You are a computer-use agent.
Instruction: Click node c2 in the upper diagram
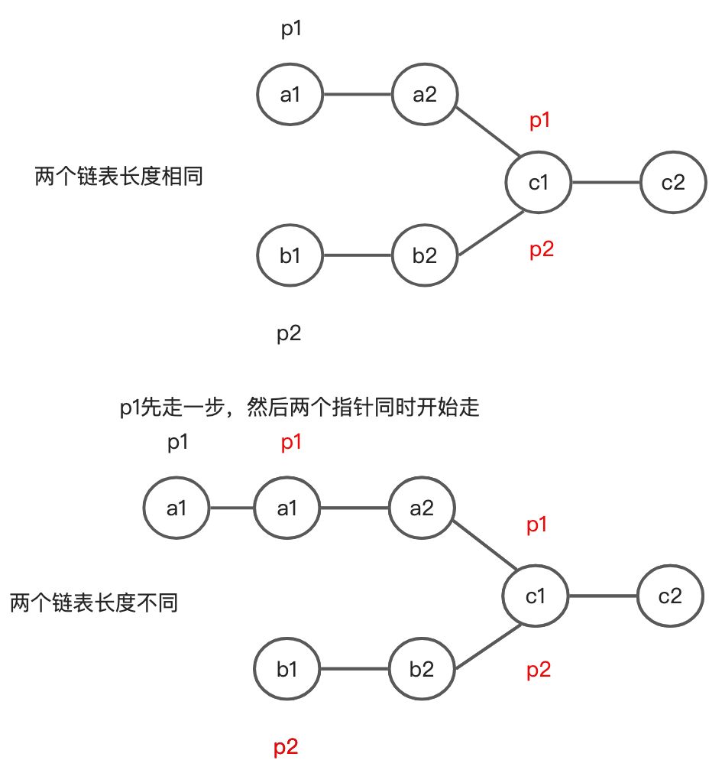tap(672, 183)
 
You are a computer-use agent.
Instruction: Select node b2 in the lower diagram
tap(421, 670)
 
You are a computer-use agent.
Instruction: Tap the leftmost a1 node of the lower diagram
tap(176, 508)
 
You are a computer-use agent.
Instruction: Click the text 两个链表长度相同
tap(119, 177)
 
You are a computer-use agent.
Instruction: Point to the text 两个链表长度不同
tap(94, 603)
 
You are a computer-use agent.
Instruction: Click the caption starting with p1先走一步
tap(299, 408)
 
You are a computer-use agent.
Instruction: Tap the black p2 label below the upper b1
tap(289, 334)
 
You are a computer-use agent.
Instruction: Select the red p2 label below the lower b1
tap(286, 747)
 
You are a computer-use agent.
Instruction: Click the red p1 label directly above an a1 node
tap(290, 443)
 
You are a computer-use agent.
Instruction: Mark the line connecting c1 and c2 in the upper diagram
tap(606, 183)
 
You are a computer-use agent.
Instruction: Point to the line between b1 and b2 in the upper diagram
tap(358, 256)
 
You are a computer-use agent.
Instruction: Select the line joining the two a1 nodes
tap(231, 508)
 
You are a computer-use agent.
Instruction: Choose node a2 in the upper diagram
tap(424, 95)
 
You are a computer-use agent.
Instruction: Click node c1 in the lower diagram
tap(536, 596)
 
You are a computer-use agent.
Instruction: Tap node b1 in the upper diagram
tap(290, 256)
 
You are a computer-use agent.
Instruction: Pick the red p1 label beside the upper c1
tap(540, 120)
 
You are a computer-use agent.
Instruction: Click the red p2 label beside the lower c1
tap(539, 671)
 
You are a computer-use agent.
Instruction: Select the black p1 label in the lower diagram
tap(177, 443)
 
